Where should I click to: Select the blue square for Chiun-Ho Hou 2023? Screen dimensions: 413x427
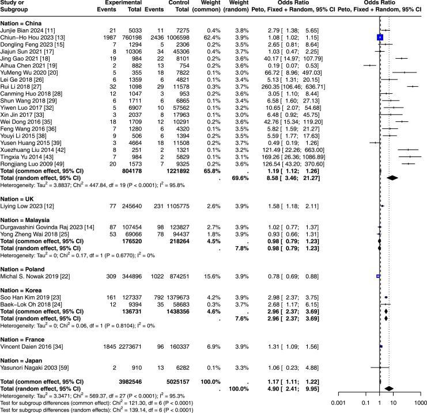tap(380, 37)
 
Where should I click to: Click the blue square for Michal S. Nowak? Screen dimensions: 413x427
tap(378, 276)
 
